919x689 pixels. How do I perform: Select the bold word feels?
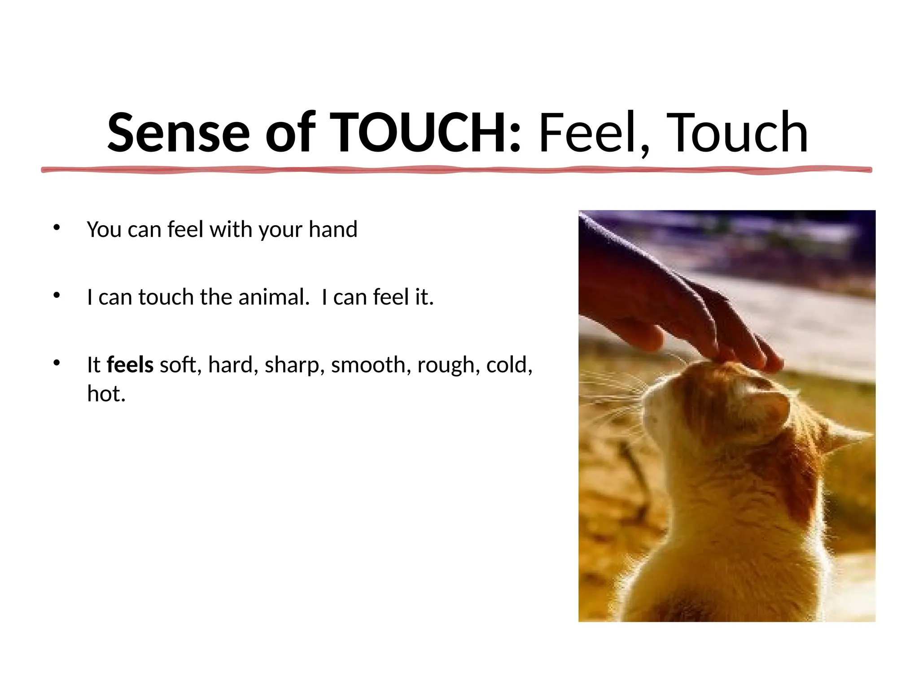[130, 364]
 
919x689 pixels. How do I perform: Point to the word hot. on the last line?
[106, 393]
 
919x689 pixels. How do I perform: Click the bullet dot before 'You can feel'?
[56, 227]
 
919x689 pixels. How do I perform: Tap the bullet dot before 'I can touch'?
[56, 295]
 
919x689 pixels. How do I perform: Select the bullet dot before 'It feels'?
[56, 362]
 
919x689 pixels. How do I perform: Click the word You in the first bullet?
[104, 229]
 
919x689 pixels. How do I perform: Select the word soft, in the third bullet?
[179, 365]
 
